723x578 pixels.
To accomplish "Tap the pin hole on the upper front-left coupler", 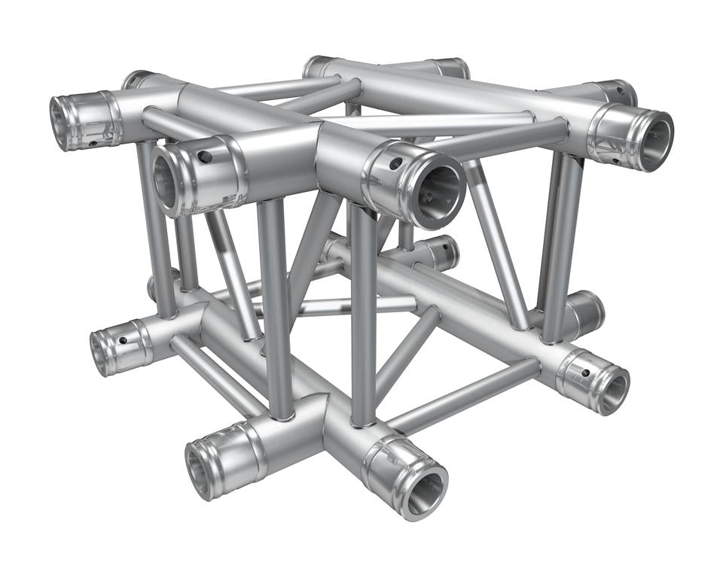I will click(x=204, y=157).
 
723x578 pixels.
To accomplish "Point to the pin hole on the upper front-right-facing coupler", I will click(x=395, y=163).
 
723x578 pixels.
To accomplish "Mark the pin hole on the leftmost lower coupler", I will click(x=122, y=340).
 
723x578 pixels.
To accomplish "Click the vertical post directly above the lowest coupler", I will click(x=363, y=316).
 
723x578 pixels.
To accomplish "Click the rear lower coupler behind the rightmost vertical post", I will click(x=587, y=309).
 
